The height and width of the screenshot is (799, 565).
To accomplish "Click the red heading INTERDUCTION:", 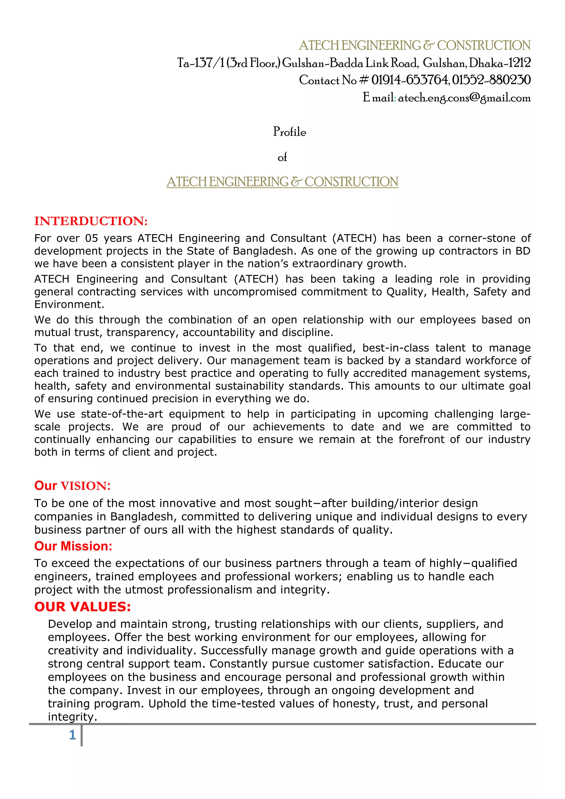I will [91, 221].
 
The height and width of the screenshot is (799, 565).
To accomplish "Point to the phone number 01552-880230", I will [491, 80].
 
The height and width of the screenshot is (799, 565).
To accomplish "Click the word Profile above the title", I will [289, 132].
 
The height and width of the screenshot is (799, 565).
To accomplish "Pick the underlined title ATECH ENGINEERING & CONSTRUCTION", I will [282, 182].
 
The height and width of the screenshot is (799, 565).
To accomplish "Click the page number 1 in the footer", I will [72, 735].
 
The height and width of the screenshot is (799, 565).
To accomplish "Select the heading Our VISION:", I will [72, 486].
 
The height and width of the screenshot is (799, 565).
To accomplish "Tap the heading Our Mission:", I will [73, 546].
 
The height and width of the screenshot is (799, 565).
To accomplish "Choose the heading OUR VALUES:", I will [82, 606].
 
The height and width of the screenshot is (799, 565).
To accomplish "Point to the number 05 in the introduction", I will [92, 238].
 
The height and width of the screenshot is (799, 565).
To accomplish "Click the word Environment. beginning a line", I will [69, 305].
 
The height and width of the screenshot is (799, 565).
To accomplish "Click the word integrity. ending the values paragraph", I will [72, 717].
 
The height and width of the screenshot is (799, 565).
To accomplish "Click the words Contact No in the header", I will [327, 80].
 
